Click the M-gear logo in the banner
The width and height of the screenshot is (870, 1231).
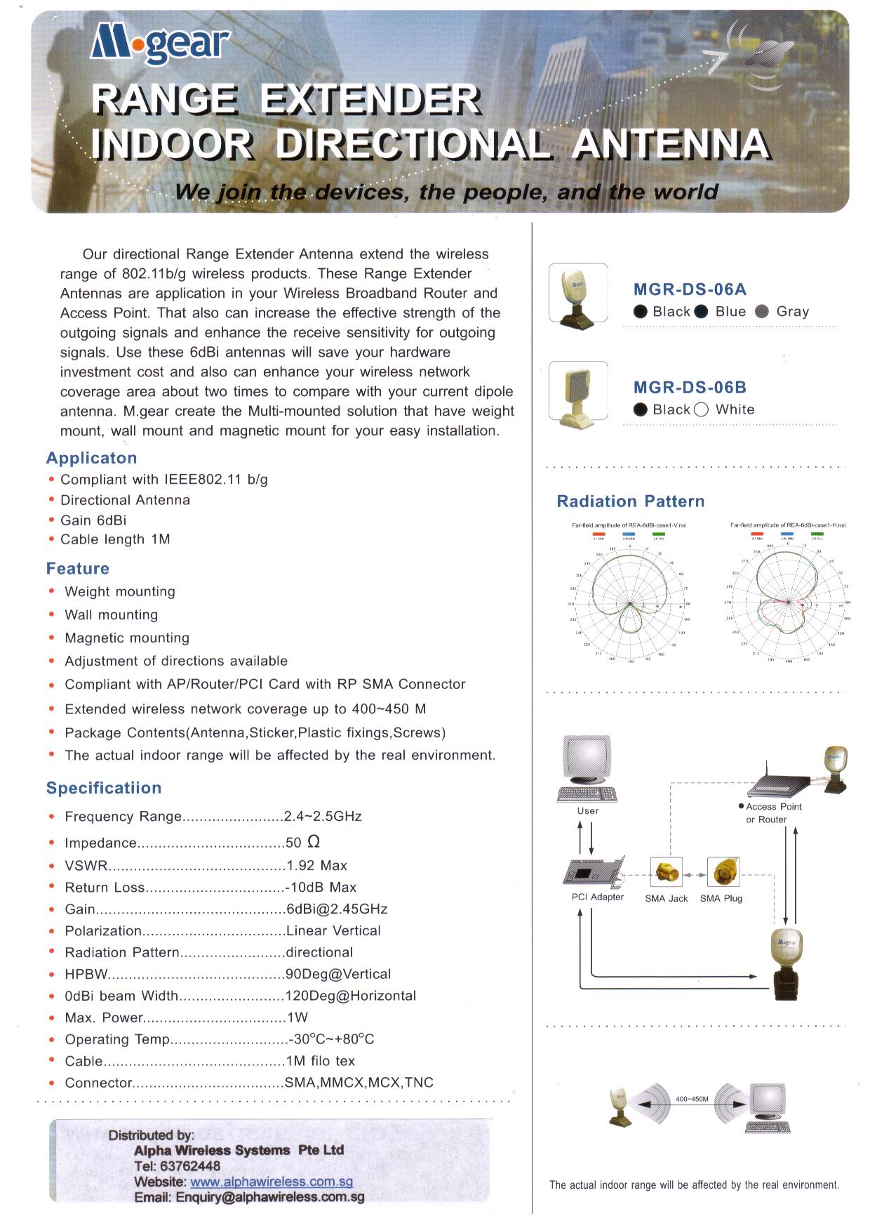tap(160, 46)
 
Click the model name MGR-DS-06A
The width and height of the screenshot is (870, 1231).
tap(690, 289)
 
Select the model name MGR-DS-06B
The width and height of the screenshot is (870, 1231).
tap(690, 388)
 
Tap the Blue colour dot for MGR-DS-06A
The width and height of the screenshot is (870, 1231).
tap(701, 312)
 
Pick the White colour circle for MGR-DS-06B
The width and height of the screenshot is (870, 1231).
tap(701, 411)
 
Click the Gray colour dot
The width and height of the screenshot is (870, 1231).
tap(762, 312)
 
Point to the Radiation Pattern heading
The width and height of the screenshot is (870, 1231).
tap(630, 501)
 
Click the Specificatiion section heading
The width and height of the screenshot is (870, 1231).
tap(104, 788)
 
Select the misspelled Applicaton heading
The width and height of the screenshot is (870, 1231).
tap(91, 458)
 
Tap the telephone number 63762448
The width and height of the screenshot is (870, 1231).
tap(178, 1166)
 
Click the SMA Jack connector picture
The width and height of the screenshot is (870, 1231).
tap(666, 874)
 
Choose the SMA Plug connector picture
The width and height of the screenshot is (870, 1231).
tap(722, 874)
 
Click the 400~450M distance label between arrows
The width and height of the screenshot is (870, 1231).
tap(692, 1099)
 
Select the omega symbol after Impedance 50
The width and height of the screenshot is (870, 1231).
tap(314, 842)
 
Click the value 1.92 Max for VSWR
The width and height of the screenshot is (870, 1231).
tap(317, 866)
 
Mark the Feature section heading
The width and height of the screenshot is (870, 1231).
tap(78, 569)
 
